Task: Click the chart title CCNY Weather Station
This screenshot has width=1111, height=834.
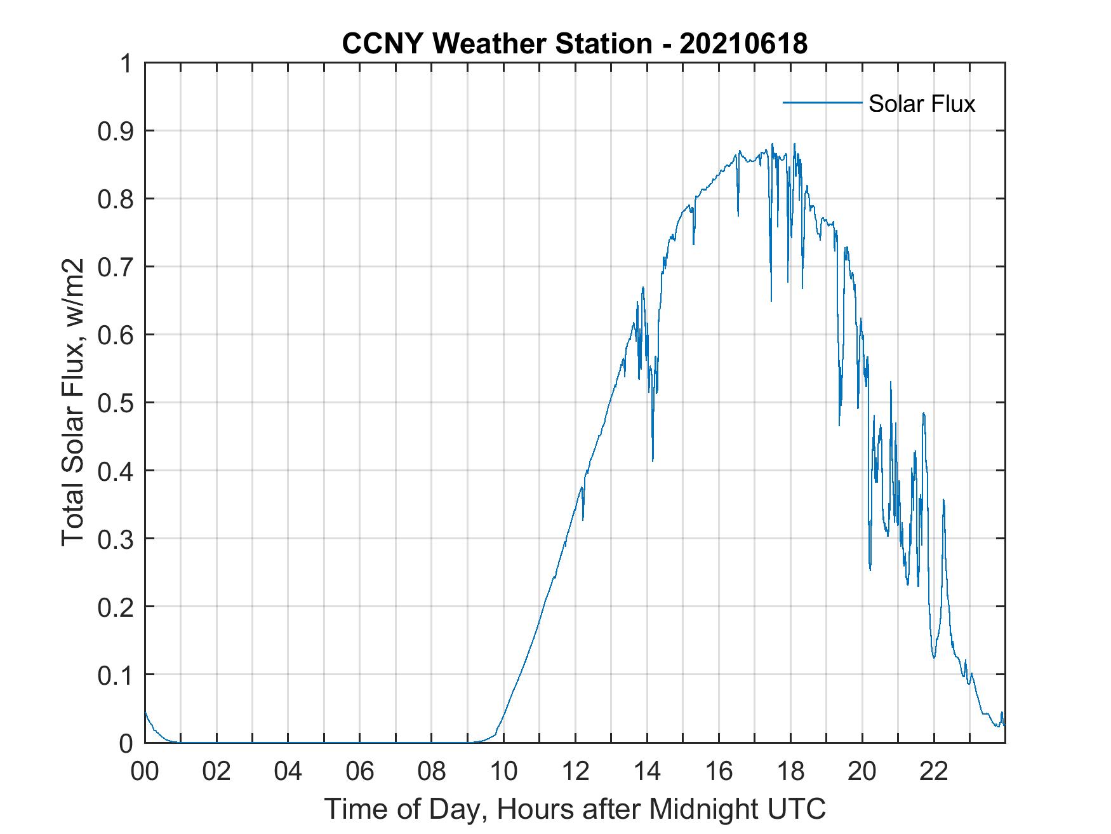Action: click(x=496, y=43)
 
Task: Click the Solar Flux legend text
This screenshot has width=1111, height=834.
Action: click(x=921, y=104)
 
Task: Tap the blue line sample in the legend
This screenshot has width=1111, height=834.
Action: click(x=822, y=102)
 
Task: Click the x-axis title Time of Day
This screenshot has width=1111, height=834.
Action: click(x=575, y=809)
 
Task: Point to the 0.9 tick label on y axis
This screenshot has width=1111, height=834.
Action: click(x=117, y=131)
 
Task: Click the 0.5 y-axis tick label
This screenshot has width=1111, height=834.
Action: click(x=117, y=403)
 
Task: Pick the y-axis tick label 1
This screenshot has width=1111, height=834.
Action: click(x=127, y=64)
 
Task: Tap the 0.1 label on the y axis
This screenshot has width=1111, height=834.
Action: click(x=117, y=675)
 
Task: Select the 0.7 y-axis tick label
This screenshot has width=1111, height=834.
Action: click(x=117, y=267)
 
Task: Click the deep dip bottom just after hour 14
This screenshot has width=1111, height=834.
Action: click(x=653, y=460)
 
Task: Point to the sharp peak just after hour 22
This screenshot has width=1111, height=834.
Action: click(x=943, y=500)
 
